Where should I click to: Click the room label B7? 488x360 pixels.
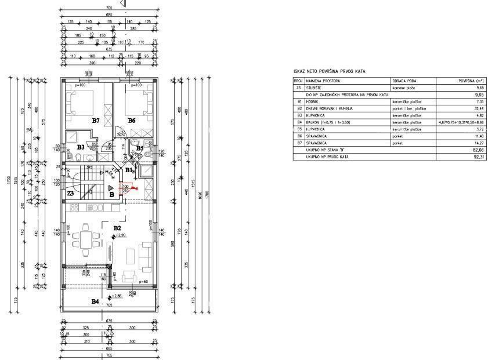pos(96,121)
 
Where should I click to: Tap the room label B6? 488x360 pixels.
pos(131,121)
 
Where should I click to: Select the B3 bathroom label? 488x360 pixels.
pos(81,147)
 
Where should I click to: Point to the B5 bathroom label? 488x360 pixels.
pos(140,148)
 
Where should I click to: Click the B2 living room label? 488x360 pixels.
pos(117,228)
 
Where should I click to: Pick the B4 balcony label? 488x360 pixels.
pos(95,301)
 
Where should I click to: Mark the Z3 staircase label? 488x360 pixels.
pos(70,192)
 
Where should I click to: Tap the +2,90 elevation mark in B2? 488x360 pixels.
pos(120,235)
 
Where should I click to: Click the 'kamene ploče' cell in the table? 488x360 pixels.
pos(403,88)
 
